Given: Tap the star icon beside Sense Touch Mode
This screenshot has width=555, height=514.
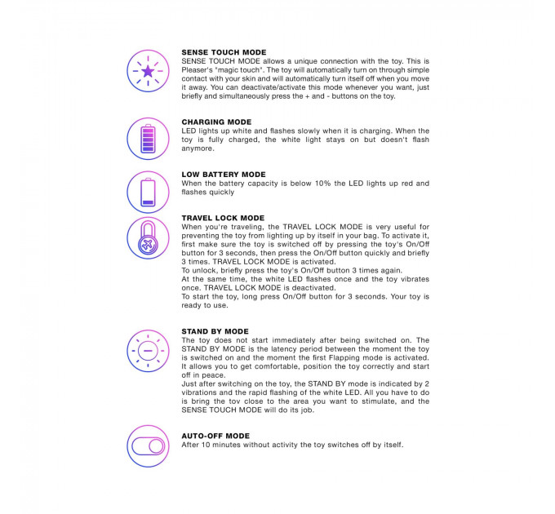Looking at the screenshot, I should point(148,71).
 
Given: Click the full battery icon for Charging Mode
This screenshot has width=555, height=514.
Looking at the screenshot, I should point(148,139).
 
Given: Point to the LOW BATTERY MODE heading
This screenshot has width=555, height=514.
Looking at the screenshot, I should point(223,175).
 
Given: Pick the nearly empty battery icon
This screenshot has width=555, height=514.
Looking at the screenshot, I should point(148,192).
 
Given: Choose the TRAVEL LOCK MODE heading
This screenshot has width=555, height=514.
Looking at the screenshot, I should point(223,219).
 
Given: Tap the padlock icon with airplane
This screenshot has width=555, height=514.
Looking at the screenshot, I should point(148,239).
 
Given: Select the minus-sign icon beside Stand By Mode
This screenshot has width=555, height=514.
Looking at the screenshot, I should point(148,352).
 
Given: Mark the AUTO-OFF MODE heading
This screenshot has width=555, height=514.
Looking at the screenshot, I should point(215,436).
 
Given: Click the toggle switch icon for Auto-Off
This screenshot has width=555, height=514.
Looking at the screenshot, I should point(148,446).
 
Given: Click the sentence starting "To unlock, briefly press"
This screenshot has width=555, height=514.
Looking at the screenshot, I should point(269,270).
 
